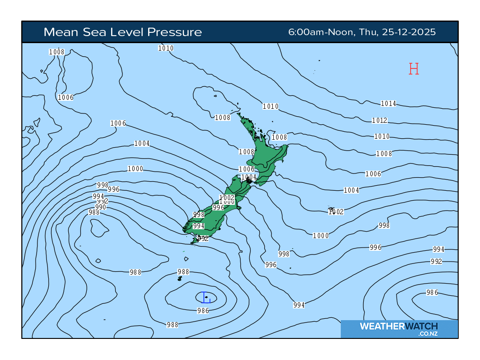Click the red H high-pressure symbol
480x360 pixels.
pos(413,69)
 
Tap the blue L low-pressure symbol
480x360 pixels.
pos(205,297)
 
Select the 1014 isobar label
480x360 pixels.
pos(388,104)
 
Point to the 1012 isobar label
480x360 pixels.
pos(379,120)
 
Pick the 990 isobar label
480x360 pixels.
pos(100,207)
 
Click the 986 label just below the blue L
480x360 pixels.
pos(202,310)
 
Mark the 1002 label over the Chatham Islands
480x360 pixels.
pos(336,212)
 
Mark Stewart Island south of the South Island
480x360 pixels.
pos(195,240)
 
